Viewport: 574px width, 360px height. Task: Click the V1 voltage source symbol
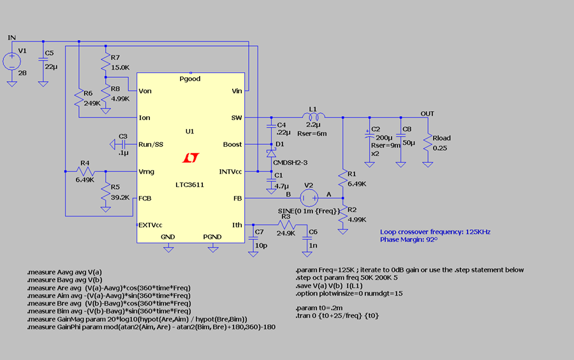pyautogui.click(x=12, y=61)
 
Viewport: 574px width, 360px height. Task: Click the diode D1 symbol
pyautogui.click(x=271, y=153)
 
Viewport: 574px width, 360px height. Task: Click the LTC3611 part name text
pyautogui.click(x=191, y=185)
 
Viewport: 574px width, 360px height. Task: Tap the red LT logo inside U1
pyautogui.click(x=191, y=158)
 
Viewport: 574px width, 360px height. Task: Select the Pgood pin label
pyautogui.click(x=190, y=79)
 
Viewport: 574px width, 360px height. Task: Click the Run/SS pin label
pyautogui.click(x=151, y=145)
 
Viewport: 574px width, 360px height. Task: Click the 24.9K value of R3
pyautogui.click(x=286, y=233)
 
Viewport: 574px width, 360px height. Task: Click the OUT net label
pyautogui.click(x=427, y=114)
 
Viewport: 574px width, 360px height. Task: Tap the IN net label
pyautogui.click(x=11, y=38)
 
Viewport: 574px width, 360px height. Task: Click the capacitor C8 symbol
pyautogui.click(x=401, y=144)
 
